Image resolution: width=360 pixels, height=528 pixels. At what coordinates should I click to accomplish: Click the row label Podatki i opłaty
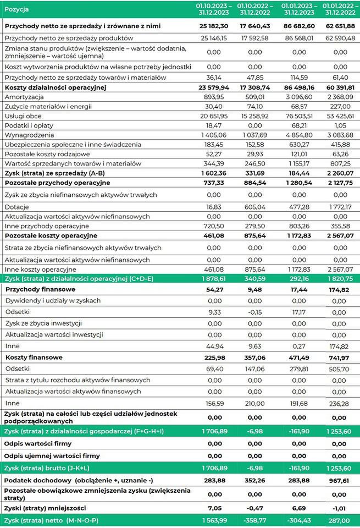tap(30, 125)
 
